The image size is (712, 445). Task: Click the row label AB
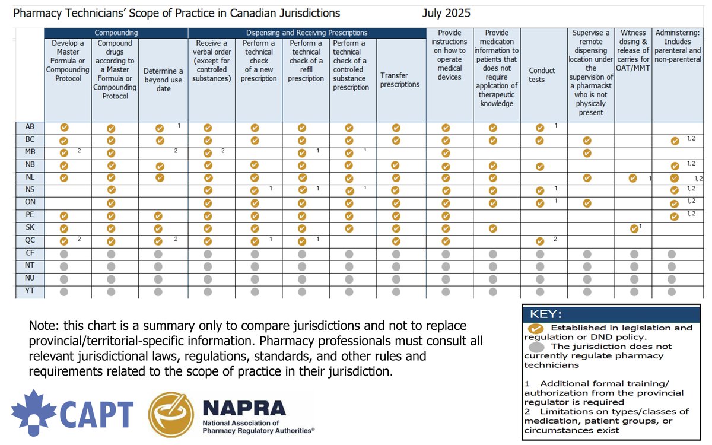pos(30,127)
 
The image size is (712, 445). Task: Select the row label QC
pos(30,241)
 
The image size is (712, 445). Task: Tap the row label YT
pos(30,291)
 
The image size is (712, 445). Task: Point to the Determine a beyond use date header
pos(163,80)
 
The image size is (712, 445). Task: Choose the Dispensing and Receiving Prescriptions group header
pos(307,33)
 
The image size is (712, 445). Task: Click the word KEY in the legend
pos(545,314)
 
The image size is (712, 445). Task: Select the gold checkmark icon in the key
pos(535,328)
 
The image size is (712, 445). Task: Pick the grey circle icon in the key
pos(535,347)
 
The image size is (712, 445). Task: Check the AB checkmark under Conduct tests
pos(539,128)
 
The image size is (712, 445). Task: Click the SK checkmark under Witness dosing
pos(634,228)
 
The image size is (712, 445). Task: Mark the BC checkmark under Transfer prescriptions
pos(397,141)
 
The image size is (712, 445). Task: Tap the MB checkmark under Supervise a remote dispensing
pos(587,153)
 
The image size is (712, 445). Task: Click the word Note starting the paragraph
pos(42,326)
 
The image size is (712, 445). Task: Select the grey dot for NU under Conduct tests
pos(539,279)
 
